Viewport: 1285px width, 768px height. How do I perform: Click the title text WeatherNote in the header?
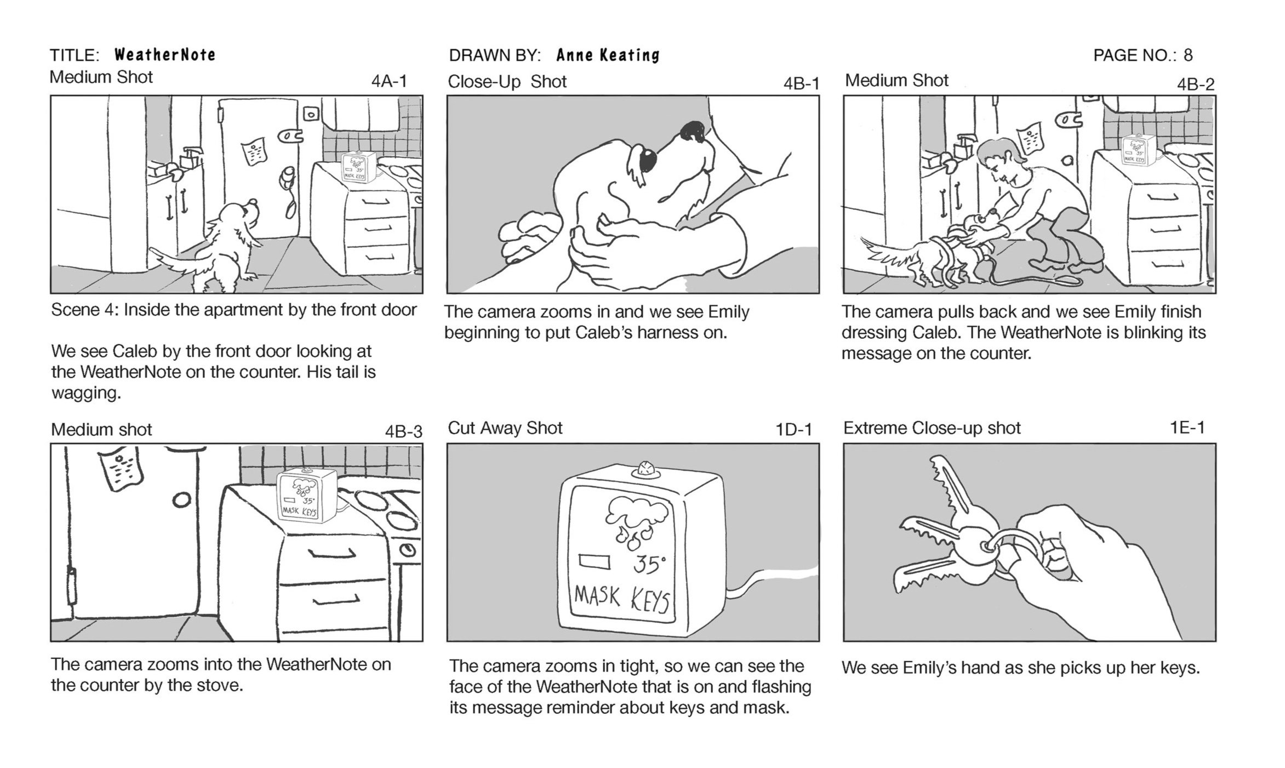click(x=165, y=55)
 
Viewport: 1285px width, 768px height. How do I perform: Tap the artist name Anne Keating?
click(x=608, y=55)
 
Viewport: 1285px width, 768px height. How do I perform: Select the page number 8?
click(x=1188, y=55)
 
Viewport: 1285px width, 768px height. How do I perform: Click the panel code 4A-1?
click(x=389, y=81)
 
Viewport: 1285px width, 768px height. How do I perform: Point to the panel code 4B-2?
click(x=1196, y=84)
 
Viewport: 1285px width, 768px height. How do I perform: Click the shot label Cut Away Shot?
click(x=505, y=428)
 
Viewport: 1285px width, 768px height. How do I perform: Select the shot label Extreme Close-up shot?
click(x=932, y=428)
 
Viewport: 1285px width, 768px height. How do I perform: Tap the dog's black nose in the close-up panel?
click(x=692, y=132)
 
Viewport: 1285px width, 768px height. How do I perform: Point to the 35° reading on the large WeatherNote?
click(x=650, y=564)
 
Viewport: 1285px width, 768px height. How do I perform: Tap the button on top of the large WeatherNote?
click(x=647, y=470)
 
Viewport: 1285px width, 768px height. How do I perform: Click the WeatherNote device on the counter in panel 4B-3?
click(x=307, y=496)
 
